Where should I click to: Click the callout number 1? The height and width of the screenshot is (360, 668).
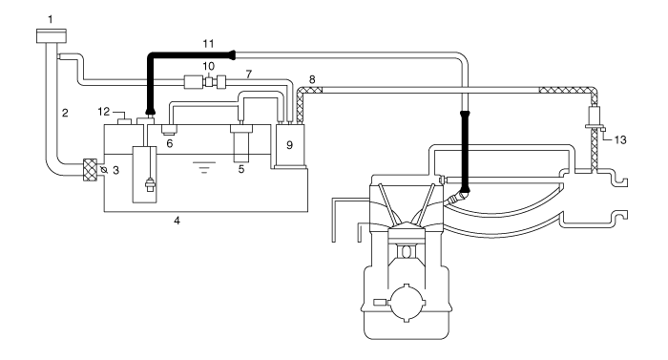click(51, 19)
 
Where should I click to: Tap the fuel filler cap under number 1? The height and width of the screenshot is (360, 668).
click(52, 36)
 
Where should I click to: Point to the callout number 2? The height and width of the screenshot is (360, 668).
click(65, 113)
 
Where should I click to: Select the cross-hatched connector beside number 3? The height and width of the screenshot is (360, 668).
click(90, 169)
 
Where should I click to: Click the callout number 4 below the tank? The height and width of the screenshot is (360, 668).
click(177, 221)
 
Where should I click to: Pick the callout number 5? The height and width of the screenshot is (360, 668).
click(241, 169)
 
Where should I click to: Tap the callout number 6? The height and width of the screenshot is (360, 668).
click(170, 143)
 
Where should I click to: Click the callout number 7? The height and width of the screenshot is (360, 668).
click(249, 74)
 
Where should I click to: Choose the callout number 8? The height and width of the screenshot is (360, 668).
click(312, 79)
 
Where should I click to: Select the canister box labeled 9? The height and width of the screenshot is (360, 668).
click(289, 145)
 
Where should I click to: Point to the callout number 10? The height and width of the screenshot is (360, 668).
click(208, 66)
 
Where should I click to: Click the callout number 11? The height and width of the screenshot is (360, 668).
click(208, 44)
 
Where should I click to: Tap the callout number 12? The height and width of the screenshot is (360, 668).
click(103, 112)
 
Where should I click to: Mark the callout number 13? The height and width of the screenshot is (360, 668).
click(620, 139)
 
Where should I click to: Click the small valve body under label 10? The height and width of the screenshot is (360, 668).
click(208, 81)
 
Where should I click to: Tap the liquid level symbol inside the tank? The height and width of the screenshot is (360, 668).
click(204, 167)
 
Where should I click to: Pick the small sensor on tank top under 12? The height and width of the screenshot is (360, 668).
click(124, 121)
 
